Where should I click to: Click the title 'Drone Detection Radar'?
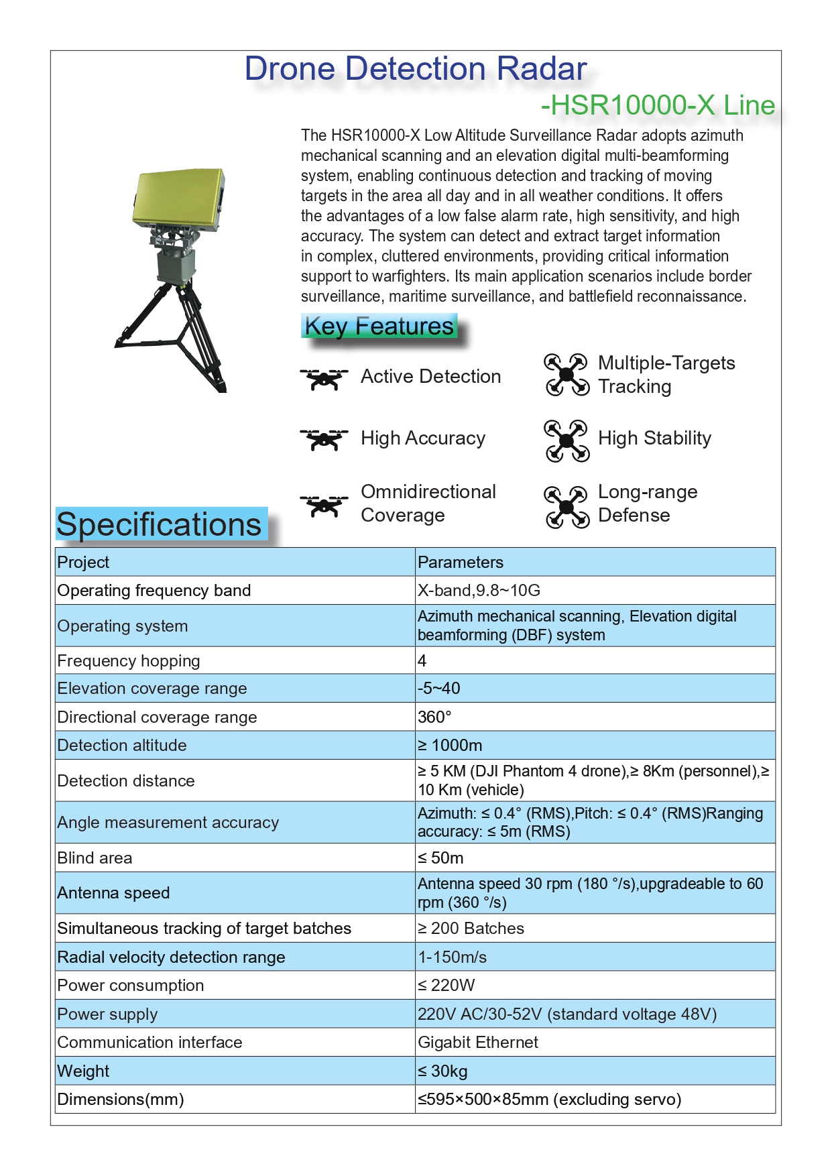coord(415,69)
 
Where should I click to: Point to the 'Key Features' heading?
coord(379,327)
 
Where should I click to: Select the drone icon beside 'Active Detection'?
coord(324,378)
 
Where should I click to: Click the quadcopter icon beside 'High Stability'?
coord(567,440)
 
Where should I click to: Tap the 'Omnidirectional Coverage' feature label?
coord(428,503)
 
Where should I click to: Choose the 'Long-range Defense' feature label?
coord(647,503)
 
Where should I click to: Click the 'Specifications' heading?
coord(159,524)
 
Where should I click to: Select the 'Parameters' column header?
coord(461,562)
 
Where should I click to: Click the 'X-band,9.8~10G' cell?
coord(479,591)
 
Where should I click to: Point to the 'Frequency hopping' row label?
coord(129,661)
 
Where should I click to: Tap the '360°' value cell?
coord(434,717)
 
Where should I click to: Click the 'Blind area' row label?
coord(95,858)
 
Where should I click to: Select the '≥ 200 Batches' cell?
coord(471,929)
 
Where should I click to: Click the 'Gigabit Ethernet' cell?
coord(477,1043)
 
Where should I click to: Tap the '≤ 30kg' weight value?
coord(442,1071)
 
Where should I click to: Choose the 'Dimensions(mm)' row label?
coord(121,1100)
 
